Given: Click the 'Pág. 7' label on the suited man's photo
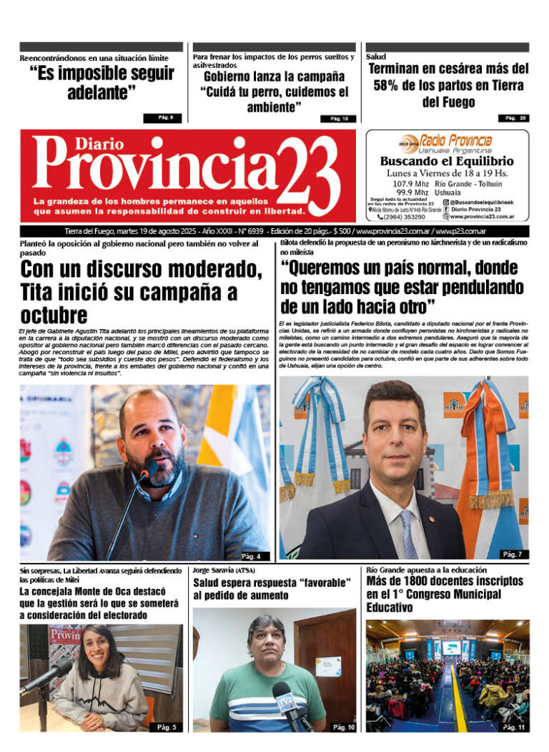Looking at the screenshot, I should coord(511,555).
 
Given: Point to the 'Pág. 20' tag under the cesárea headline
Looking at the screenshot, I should coord(513,118).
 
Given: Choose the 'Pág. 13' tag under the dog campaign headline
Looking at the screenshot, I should coord(339,119).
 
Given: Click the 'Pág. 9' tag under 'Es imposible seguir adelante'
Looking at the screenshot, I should coord(166,117).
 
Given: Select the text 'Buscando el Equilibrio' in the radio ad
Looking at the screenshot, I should coord(446,161).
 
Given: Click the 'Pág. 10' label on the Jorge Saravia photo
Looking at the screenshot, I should coord(342,727).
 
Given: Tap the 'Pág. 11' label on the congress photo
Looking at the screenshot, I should coord(513,727).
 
